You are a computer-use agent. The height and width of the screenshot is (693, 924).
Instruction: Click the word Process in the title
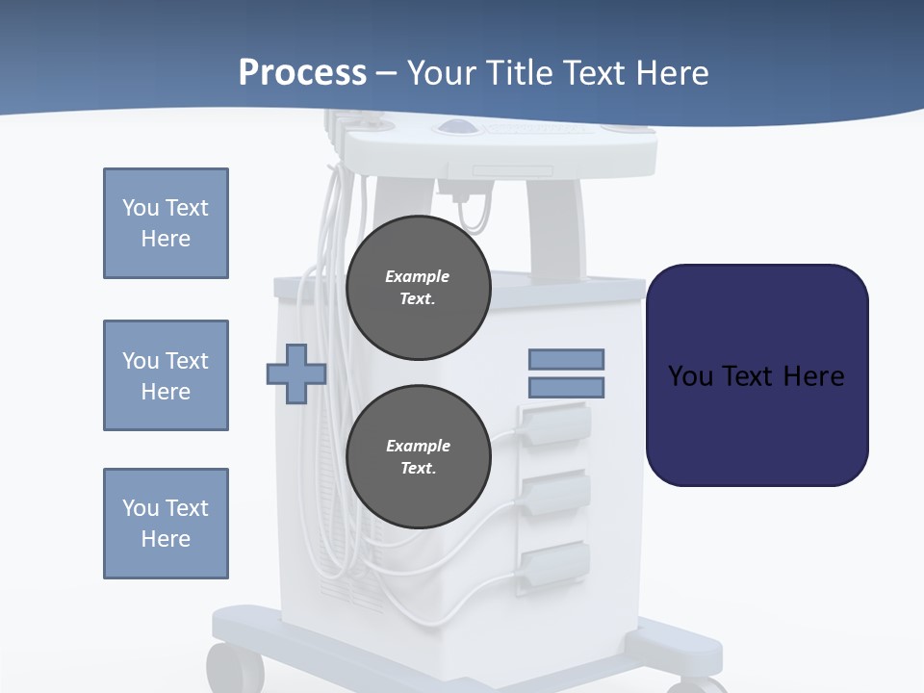[302, 72]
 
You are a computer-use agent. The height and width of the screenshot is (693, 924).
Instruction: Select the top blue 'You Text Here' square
[166, 223]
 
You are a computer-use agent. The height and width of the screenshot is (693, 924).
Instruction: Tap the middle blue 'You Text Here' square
[166, 375]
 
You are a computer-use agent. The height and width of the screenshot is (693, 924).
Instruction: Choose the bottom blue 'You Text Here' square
[166, 524]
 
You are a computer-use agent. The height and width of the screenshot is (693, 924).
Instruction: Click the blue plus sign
[296, 373]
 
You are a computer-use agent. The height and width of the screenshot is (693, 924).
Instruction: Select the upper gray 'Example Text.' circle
[418, 288]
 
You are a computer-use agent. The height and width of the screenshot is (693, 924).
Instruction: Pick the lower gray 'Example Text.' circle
[418, 457]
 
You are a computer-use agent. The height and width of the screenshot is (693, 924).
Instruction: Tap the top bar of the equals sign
[566, 359]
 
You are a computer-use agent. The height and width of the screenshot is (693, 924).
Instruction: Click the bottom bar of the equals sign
[566, 388]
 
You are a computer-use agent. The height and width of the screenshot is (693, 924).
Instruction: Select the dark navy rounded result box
[757, 375]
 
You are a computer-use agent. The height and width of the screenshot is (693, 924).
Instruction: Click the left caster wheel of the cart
[234, 668]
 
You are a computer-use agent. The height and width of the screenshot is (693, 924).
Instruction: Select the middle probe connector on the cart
[555, 490]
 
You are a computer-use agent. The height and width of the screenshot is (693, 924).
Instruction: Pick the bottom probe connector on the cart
[555, 560]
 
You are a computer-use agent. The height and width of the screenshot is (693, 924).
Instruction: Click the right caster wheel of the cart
[697, 684]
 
